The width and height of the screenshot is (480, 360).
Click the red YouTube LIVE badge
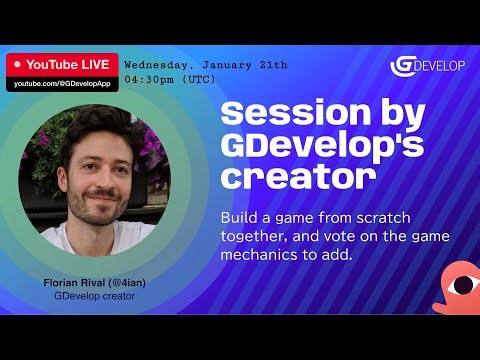(62, 64)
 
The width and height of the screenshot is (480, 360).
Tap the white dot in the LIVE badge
(18, 64)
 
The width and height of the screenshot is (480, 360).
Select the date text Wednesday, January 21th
(205, 64)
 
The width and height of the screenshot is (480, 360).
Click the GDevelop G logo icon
(402, 66)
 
